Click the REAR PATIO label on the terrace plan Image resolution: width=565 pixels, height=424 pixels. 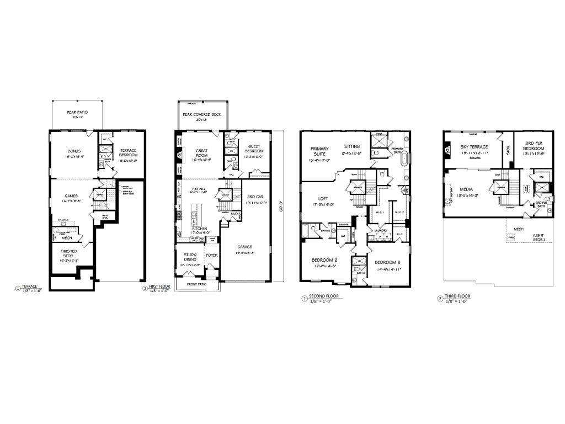77,112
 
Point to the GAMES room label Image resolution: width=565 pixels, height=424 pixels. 70,196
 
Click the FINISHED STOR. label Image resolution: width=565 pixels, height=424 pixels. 68,253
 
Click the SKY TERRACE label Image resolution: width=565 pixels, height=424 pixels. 474,147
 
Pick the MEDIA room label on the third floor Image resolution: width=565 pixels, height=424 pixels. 466,189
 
